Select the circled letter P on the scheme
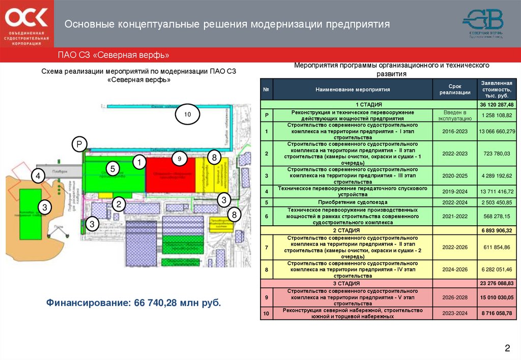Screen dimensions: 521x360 tap(79, 144)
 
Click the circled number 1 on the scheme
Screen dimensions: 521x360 tap(139, 162)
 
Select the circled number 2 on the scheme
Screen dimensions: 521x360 tap(119, 204)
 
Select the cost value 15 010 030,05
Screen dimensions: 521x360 tap(497, 297)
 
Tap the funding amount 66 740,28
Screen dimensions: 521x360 tap(157, 303)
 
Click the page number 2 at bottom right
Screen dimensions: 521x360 tap(507, 348)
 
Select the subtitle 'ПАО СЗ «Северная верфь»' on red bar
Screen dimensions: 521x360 tap(113, 55)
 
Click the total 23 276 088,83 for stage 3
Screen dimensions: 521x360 tap(497, 283)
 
